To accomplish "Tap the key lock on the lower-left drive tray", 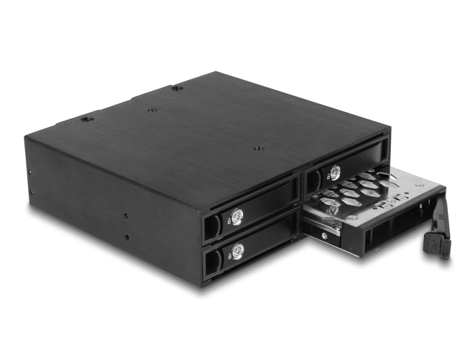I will point(237,251).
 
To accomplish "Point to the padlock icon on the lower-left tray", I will point(228,255).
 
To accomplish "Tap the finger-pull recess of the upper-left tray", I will point(212,226).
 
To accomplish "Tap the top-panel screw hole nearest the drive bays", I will point(257,149).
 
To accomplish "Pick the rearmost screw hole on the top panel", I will point(176,88).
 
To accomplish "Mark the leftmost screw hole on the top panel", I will point(86,120).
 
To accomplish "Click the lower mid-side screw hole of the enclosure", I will point(126,237).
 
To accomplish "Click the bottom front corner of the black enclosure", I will point(203,285).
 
